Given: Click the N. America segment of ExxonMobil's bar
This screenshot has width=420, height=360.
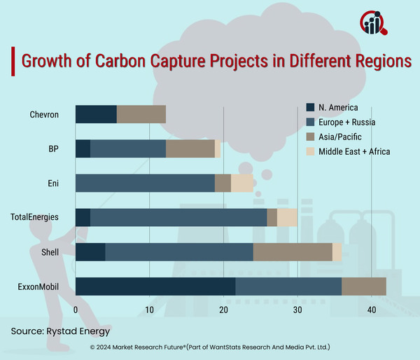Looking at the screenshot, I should point(155,286).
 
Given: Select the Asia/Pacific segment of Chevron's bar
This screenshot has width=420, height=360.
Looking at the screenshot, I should point(141,114).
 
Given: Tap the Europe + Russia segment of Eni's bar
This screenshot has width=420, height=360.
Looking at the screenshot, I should point(144,183).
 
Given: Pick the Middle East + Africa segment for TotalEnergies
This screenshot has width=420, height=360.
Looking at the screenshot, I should point(287,218).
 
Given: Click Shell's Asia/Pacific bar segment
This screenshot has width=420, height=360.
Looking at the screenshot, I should point(293,252).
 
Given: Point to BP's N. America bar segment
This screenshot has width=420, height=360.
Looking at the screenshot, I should point(83,148).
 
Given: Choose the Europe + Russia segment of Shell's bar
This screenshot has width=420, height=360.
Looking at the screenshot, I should point(178,252).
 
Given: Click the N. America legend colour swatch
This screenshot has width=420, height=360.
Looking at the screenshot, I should point(311,108).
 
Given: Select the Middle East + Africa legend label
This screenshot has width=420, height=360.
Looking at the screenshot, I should point(354,151).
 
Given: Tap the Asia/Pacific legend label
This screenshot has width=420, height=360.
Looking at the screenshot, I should point(342,137).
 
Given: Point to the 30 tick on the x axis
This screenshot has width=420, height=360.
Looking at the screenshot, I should point(297,310).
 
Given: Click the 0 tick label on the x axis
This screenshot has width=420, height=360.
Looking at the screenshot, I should point(76,310).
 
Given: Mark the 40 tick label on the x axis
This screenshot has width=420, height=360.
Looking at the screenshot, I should point(372,310).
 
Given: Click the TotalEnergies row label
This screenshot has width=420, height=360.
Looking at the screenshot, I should point(34,218).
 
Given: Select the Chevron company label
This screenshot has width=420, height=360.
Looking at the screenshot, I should point(44,114).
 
